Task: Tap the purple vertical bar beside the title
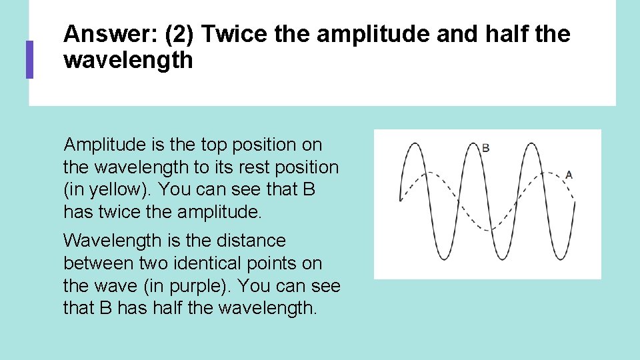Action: (x=29, y=59)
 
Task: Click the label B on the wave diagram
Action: (x=485, y=147)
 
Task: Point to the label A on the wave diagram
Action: (x=569, y=175)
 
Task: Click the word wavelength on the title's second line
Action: (x=128, y=61)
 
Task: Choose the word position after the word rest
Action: (x=309, y=167)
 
